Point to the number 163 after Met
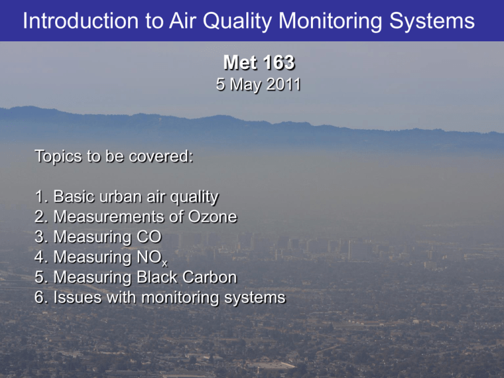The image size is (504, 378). tap(279, 62)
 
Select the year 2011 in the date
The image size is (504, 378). tap(283, 84)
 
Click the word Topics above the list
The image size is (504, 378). tap(58, 157)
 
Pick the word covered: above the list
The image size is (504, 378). tap(161, 157)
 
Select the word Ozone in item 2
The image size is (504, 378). tap(213, 217)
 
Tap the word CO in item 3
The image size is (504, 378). tap(149, 237)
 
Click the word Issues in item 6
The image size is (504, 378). tap(77, 297)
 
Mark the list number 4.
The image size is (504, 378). tap(39, 257)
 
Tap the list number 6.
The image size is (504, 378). tap(39, 297)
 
